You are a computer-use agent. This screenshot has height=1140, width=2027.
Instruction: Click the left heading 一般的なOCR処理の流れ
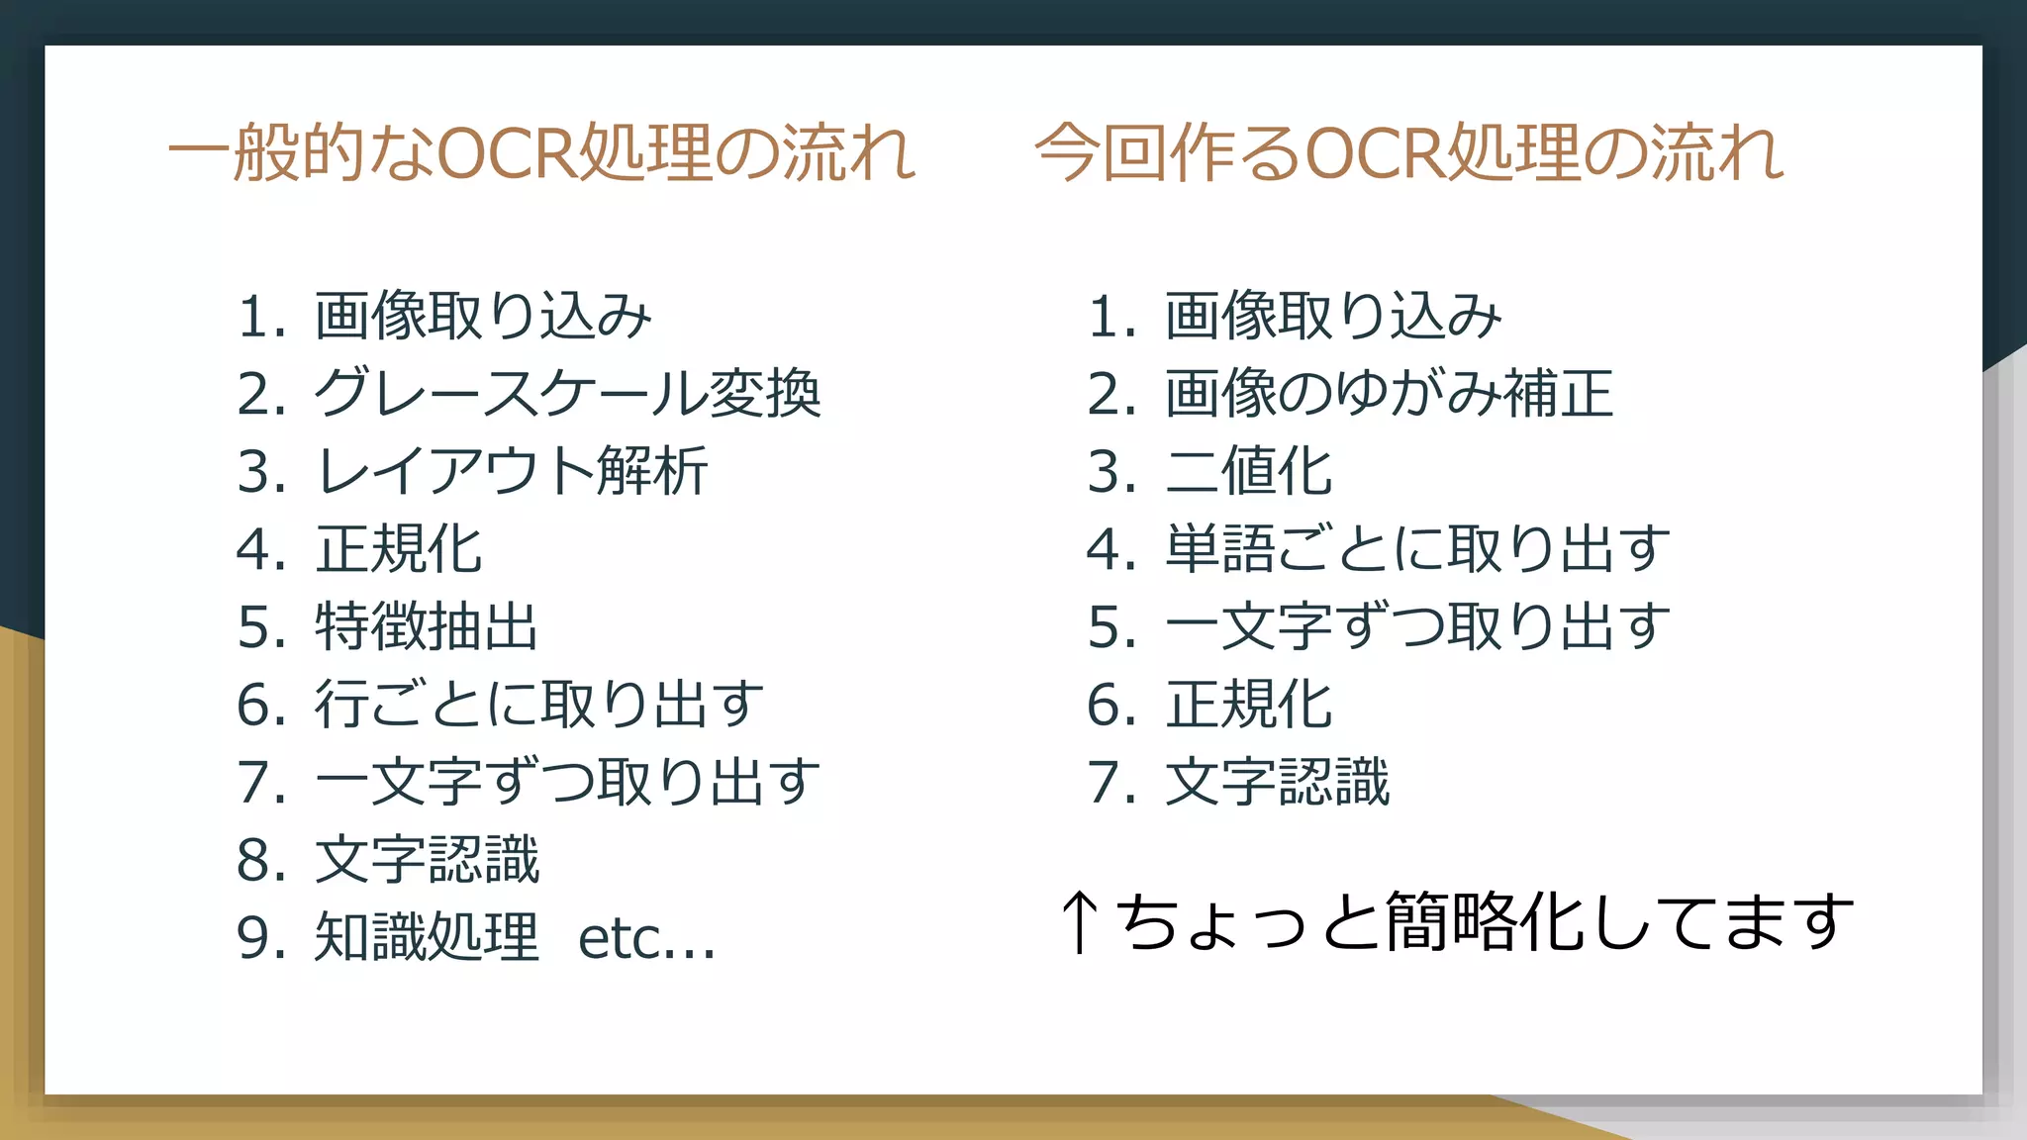pos(542,153)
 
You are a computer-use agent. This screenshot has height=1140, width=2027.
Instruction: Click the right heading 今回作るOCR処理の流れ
pos(1409,153)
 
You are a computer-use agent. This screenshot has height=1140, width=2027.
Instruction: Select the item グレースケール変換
pos(567,394)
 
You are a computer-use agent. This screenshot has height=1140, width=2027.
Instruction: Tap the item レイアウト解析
pos(511,471)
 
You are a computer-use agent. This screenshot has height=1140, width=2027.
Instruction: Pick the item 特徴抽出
pos(427,627)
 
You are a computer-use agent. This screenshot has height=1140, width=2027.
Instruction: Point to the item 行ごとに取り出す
pos(539,705)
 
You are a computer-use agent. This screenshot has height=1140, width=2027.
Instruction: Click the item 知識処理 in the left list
pos(427,937)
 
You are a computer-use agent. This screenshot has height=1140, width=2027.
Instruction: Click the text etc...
pos(645,939)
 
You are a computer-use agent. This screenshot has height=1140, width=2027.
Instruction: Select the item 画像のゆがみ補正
pos(1389,394)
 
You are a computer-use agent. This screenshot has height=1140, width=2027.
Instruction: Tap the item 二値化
pos(1249,471)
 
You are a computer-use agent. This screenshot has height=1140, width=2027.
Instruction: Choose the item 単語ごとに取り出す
pos(1417,549)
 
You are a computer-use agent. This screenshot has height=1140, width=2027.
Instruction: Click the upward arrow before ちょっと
pos(1080,921)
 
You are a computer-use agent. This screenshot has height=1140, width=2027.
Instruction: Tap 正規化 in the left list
pos(399,549)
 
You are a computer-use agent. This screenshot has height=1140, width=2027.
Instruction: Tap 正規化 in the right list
pos(1249,705)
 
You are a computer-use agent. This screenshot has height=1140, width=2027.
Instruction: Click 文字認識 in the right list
pos(1277,783)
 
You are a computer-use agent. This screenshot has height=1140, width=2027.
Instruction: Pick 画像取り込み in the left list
pos(483,317)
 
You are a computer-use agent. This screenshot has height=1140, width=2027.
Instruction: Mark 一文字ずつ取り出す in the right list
pos(1417,627)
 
